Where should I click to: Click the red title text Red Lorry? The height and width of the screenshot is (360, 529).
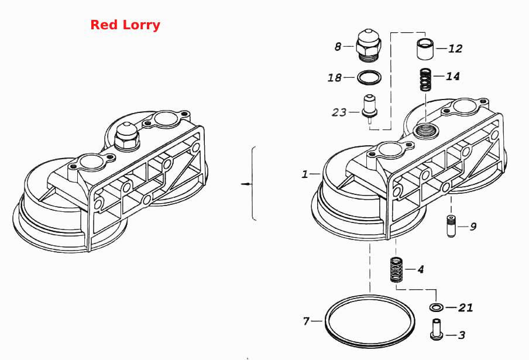tap(125, 25)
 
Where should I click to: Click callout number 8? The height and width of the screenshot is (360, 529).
tap(338, 47)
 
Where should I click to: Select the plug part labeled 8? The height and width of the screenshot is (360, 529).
tap(369, 46)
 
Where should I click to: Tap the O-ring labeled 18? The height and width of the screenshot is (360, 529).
tap(369, 78)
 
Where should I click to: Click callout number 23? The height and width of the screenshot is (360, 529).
tap(339, 112)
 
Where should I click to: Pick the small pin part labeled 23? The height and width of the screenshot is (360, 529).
tap(369, 108)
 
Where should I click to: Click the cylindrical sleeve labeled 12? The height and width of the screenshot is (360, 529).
tap(424, 49)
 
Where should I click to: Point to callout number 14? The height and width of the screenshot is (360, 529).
tap(452, 76)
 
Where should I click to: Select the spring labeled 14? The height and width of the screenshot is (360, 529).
tap(426, 80)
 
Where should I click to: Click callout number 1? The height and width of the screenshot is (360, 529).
tap(305, 174)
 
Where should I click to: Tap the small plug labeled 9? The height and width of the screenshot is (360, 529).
tap(451, 226)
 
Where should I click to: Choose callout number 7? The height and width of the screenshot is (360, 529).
tap(306, 321)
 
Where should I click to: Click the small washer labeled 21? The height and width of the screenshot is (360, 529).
tap(436, 307)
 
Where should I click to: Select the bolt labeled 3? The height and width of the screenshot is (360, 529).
tap(436, 329)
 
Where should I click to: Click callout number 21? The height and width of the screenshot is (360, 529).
tap(466, 308)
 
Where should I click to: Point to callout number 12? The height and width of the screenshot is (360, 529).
tap(455, 49)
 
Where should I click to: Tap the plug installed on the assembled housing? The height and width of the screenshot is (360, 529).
tap(127, 136)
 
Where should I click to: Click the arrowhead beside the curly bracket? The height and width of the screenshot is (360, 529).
tap(248, 184)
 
